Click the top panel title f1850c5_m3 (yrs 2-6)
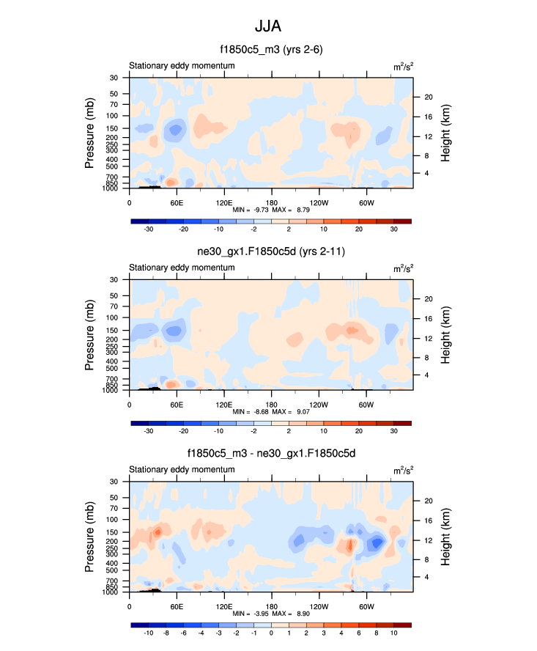point(271,50)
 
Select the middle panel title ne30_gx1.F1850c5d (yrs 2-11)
point(271,252)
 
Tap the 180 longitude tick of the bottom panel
point(271,606)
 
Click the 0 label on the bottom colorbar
point(271,633)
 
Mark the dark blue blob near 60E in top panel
point(175,130)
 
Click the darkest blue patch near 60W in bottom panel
point(377,543)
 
